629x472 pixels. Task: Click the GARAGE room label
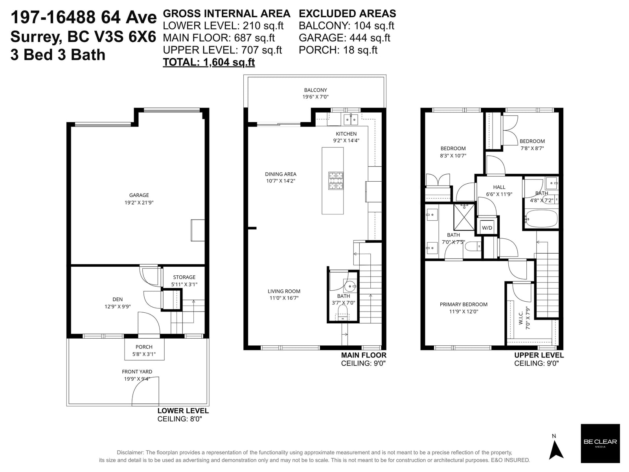point(139,195)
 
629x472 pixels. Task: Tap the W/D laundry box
point(487,228)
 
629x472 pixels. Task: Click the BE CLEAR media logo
point(600,443)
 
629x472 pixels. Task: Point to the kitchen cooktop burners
point(336,181)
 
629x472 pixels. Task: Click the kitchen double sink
point(351,119)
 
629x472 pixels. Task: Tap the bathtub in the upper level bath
point(541,219)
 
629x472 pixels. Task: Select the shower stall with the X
point(464,217)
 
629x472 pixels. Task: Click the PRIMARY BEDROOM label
point(463,304)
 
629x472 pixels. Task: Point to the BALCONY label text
point(316,90)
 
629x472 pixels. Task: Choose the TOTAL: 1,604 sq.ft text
point(209,62)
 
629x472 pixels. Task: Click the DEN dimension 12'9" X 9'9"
point(118,307)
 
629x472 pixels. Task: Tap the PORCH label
point(144,347)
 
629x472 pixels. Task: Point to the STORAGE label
point(184,277)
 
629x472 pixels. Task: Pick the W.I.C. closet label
point(521,318)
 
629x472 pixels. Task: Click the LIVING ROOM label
point(284,291)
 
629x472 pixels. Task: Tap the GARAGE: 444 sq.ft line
point(344,38)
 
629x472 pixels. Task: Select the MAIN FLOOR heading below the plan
point(364,355)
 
